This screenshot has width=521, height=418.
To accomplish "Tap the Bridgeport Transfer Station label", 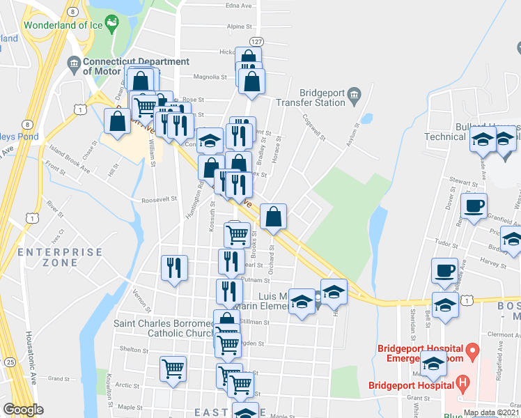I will [x=322, y=98].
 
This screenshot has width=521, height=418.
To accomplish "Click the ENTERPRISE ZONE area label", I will [x=48, y=257].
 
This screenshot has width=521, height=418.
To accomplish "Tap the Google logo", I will [x=23, y=410].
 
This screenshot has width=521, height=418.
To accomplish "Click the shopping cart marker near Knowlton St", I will [x=173, y=369].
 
